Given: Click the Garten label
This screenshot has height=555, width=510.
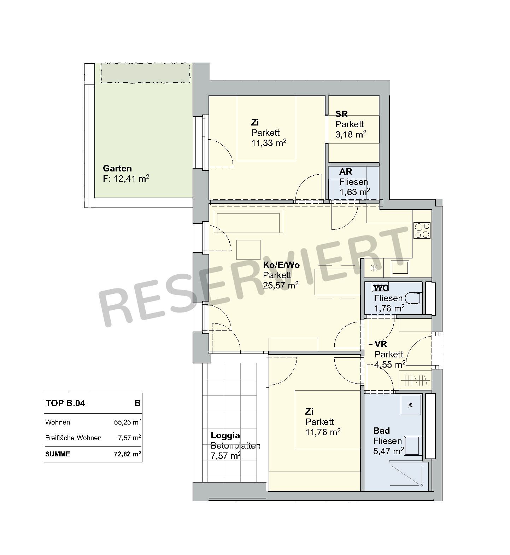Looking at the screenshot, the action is point(117,169).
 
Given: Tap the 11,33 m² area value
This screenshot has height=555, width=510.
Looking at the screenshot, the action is point(269,143).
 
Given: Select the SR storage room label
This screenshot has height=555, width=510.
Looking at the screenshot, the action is point(342,114).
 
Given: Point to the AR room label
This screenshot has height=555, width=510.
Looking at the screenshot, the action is point(346,172).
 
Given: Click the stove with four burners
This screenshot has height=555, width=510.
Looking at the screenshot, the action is point(422,230).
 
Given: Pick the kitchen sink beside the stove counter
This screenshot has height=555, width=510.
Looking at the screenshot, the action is point(400,268).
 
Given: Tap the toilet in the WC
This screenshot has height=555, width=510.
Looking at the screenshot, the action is point(413,298).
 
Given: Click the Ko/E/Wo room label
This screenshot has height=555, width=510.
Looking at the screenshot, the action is point(281,265).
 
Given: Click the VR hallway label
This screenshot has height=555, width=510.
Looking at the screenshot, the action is point(381,344).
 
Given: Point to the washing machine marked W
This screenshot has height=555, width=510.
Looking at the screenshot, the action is point(411,405).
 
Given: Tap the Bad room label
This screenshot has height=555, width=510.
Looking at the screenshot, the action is point(382,431).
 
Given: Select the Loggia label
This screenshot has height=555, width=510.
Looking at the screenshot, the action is point(225,436).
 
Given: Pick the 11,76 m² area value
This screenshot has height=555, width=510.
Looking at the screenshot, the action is point(323,432).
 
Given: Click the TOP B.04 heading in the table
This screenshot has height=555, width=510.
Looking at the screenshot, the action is point(66,403).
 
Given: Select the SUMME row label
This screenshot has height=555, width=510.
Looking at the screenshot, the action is point(58,454).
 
